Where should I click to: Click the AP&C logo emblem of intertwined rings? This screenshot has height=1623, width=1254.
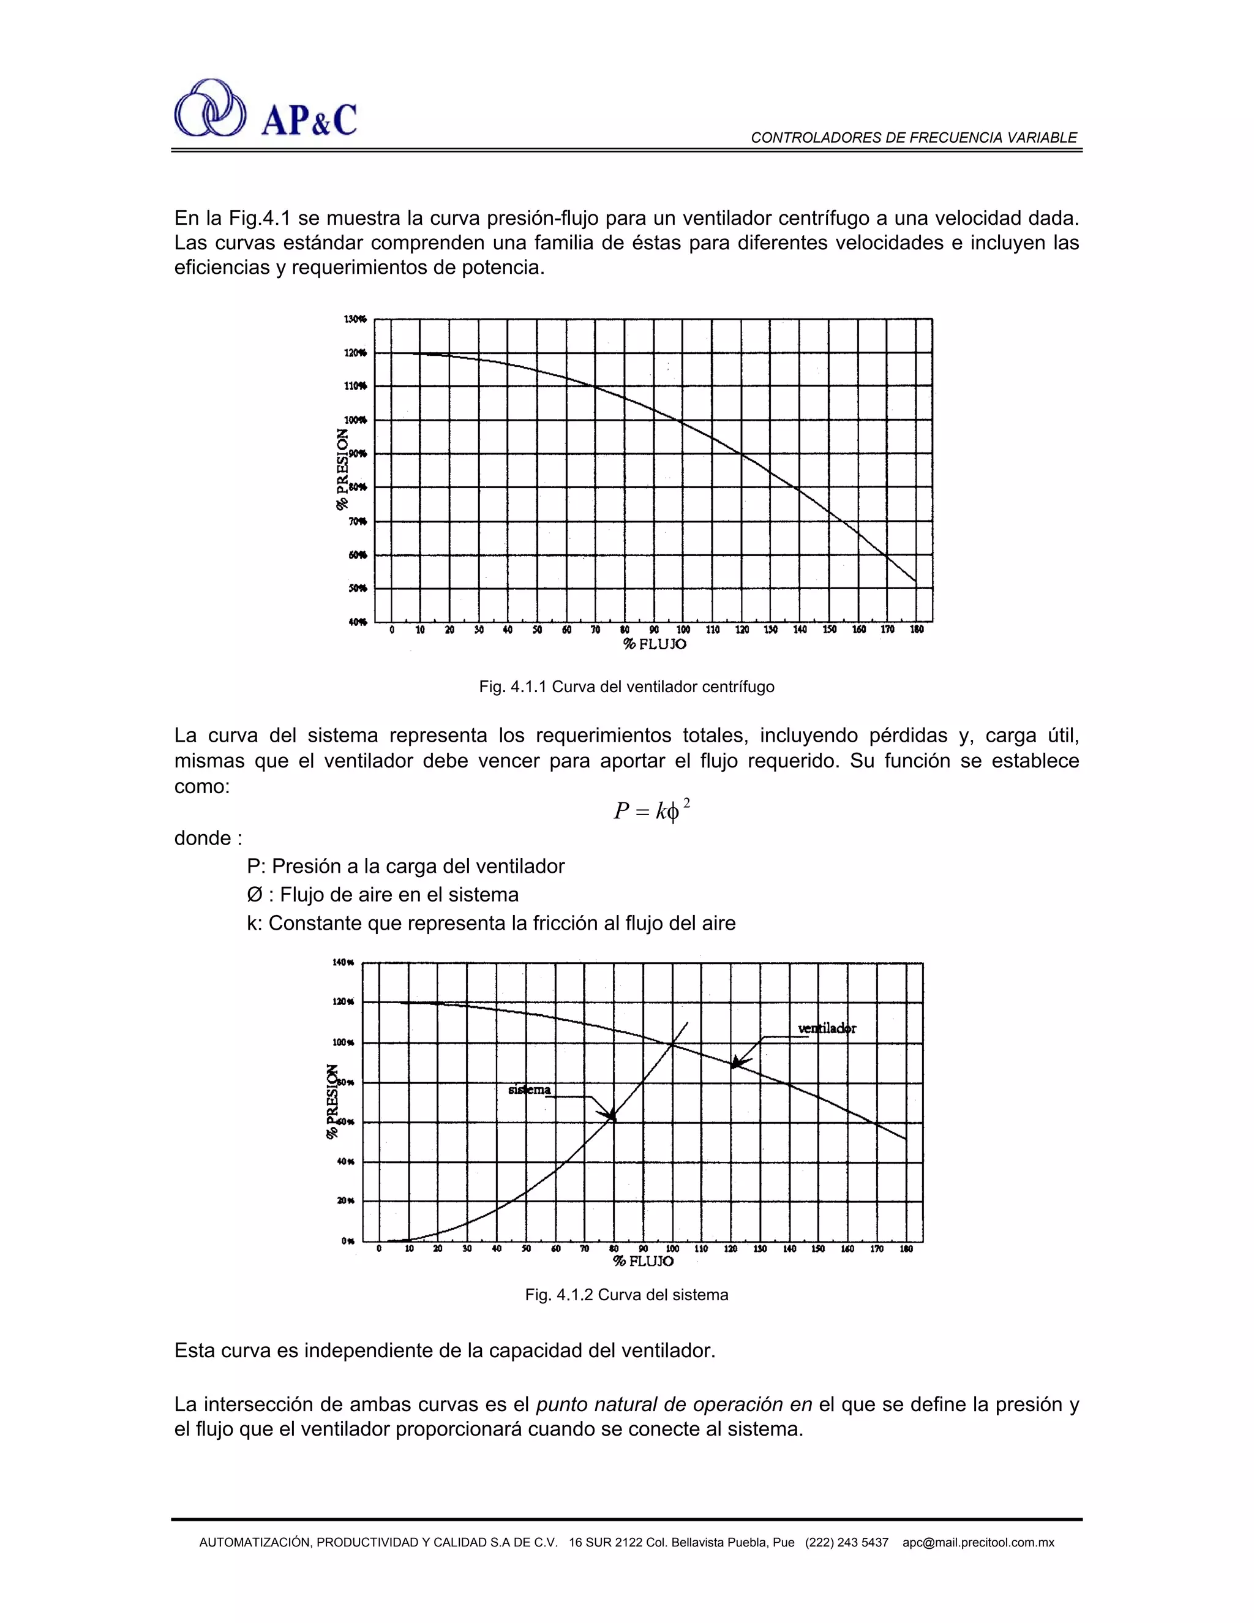click(x=209, y=108)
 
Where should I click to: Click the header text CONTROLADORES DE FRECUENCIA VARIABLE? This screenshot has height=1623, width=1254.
click(x=913, y=137)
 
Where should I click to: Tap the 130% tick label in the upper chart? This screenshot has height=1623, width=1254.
click(x=355, y=319)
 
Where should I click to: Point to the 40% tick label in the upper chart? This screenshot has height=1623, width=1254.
click(x=358, y=622)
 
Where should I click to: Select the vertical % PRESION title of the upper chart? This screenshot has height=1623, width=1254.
click(x=342, y=469)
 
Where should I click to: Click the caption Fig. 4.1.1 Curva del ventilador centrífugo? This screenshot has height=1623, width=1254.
click(x=626, y=687)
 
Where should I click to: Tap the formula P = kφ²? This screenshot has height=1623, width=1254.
click(x=651, y=810)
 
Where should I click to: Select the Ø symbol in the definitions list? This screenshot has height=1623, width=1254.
click(x=254, y=895)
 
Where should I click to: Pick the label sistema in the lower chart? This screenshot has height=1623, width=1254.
click(x=529, y=1090)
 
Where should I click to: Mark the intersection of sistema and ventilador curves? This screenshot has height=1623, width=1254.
click(x=672, y=1045)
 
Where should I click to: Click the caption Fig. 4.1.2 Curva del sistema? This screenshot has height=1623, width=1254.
click(x=626, y=1295)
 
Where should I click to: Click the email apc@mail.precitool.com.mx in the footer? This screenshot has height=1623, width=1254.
click(x=978, y=1542)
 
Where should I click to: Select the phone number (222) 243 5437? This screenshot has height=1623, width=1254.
click(x=846, y=1542)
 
